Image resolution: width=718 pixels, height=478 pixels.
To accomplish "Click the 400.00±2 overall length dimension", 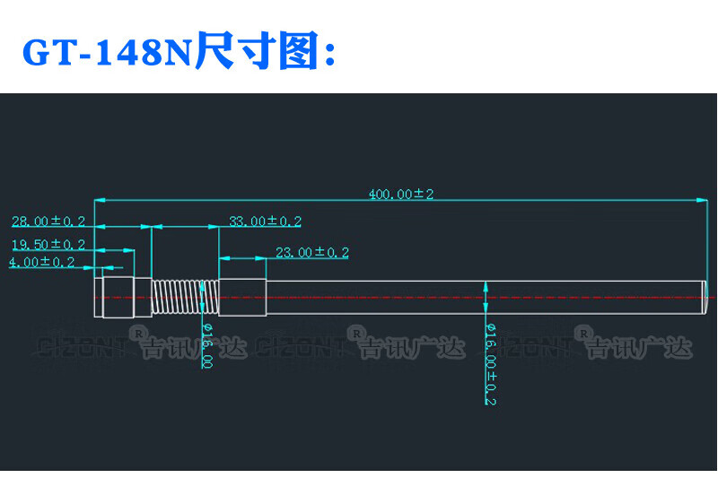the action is pos(400,194).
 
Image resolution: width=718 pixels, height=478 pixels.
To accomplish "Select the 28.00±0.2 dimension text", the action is pos(48,221).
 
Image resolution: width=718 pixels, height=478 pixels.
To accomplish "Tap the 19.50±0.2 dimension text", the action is pos(48,244).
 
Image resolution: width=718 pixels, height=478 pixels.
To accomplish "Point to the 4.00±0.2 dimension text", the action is pos(41,262).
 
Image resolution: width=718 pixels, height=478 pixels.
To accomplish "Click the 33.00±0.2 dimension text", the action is pos(265,222).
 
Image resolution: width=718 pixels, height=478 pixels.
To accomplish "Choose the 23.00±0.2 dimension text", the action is pos(311,253).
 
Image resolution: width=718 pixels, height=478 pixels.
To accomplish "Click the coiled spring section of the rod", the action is pos(184,296).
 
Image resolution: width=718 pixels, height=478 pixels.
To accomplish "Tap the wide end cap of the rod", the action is pos(117,297).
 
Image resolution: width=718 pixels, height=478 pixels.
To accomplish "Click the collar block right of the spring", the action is pos(243,297).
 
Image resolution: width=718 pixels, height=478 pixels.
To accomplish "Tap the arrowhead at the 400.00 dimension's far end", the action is pos(699,201).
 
